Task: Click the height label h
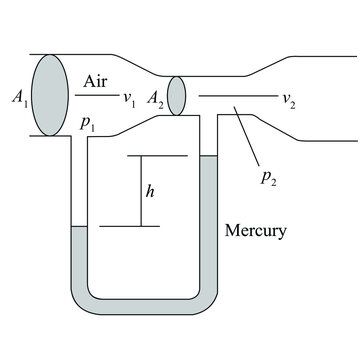pyautogui.click(x=150, y=191)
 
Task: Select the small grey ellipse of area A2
pyautogui.click(x=176, y=96)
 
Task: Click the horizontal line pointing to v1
pyautogui.click(x=96, y=96)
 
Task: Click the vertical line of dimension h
pyautogui.click(x=132, y=191)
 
